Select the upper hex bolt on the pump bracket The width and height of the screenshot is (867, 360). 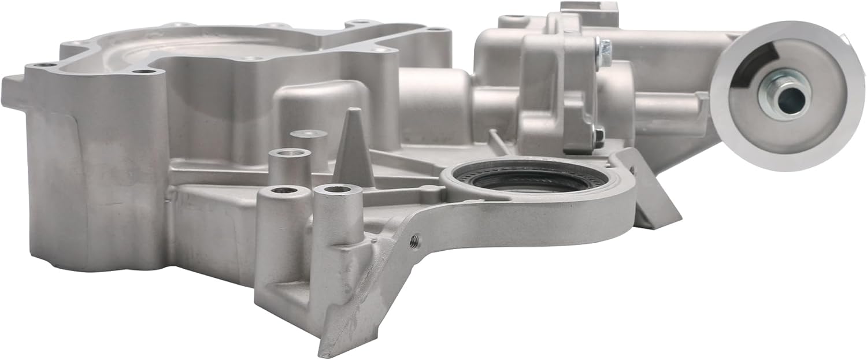604,53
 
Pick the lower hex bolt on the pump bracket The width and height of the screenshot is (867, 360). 598,137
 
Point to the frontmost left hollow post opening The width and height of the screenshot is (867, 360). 284,190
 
